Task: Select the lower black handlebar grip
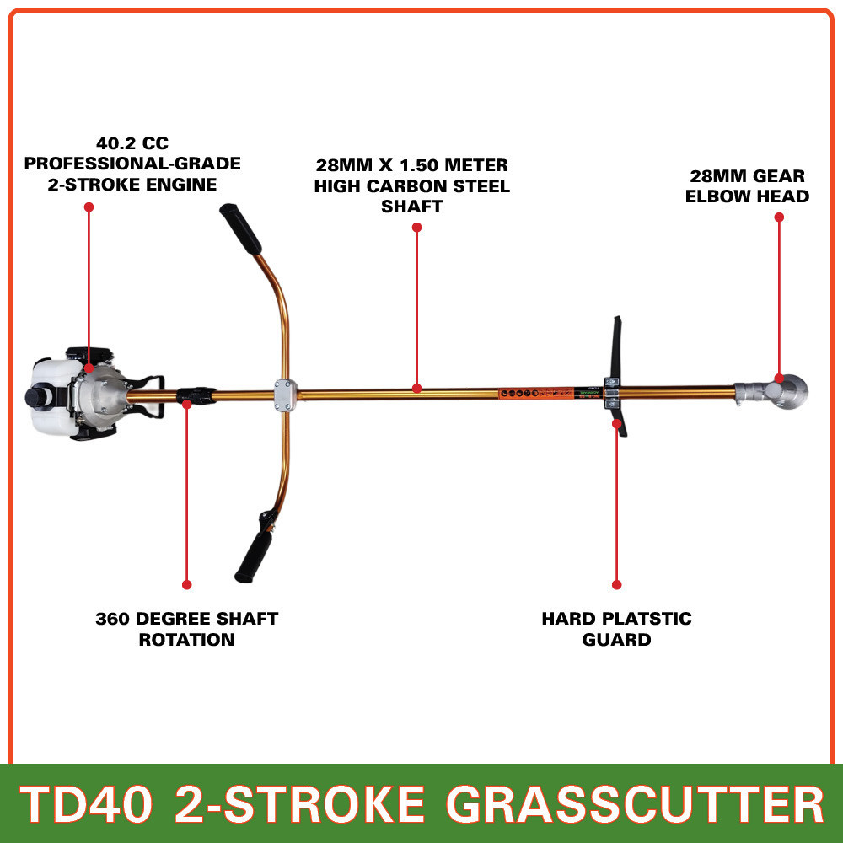(254, 552)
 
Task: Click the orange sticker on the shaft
(540, 393)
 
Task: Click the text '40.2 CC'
(132, 143)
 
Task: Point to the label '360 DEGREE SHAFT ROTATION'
(186, 629)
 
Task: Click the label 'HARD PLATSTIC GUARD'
(616, 629)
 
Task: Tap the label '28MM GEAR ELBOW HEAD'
(747, 186)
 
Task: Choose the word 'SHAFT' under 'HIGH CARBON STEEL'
(412, 207)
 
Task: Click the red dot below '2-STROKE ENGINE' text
(89, 206)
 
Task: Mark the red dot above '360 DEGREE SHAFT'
(187, 584)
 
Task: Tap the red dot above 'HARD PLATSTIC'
(617, 584)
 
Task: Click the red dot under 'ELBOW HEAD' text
(779, 217)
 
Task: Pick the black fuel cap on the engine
(35, 396)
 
